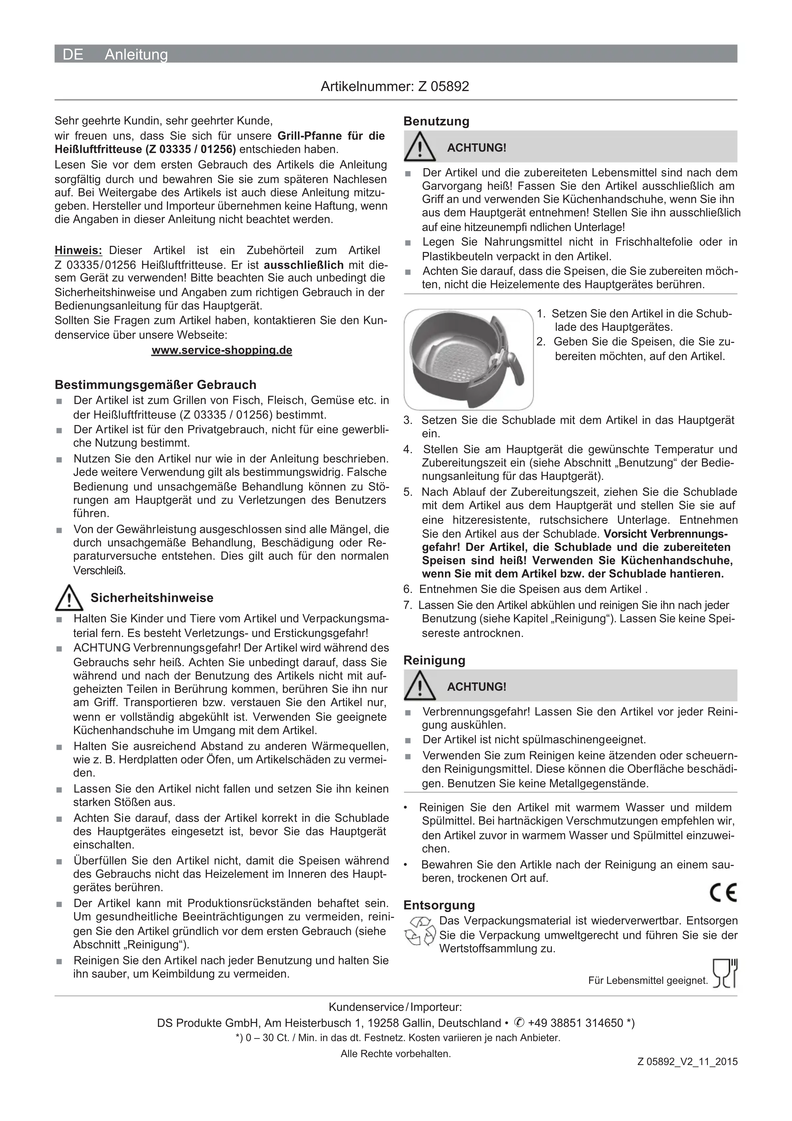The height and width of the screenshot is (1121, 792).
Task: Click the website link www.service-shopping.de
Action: tap(222, 351)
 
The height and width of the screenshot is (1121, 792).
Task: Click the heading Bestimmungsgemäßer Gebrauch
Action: tap(155, 385)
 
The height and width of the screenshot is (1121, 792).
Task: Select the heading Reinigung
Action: tap(434, 661)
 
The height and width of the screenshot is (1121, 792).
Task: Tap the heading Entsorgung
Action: tap(439, 905)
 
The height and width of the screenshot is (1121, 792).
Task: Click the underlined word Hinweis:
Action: tap(78, 250)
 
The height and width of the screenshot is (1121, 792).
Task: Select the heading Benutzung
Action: tap(436, 122)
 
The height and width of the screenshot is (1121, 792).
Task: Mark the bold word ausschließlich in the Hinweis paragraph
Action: tap(304, 265)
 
